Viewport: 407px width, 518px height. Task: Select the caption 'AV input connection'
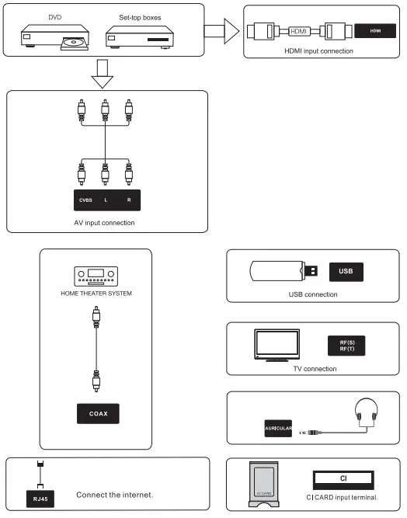[x=104, y=223]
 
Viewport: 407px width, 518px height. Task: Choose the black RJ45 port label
[x=35, y=495]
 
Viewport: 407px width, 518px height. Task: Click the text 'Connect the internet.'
[x=113, y=495]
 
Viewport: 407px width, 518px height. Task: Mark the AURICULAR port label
[x=274, y=428]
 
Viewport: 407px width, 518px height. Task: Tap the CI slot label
[x=343, y=480]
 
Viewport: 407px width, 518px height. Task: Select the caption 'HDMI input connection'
[x=320, y=51]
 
